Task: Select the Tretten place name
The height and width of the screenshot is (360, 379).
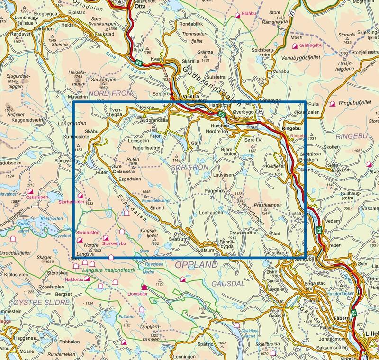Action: pos(334,245)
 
